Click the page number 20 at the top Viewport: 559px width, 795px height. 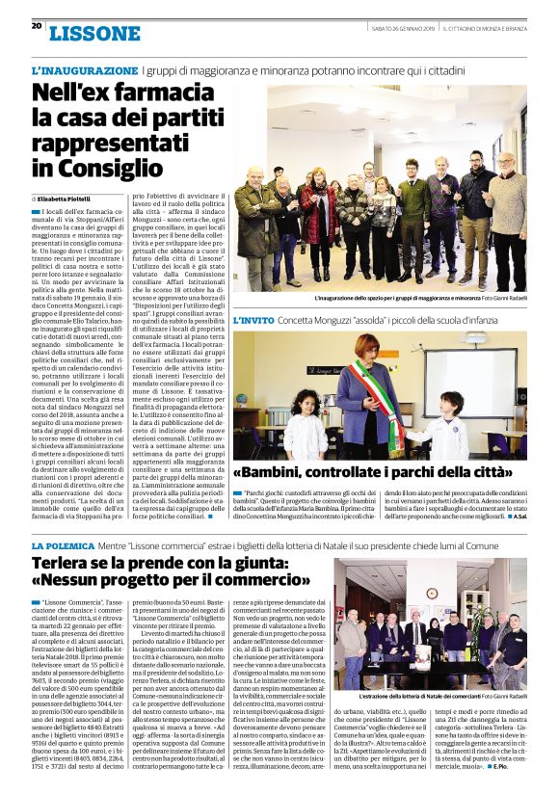tap(37, 26)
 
